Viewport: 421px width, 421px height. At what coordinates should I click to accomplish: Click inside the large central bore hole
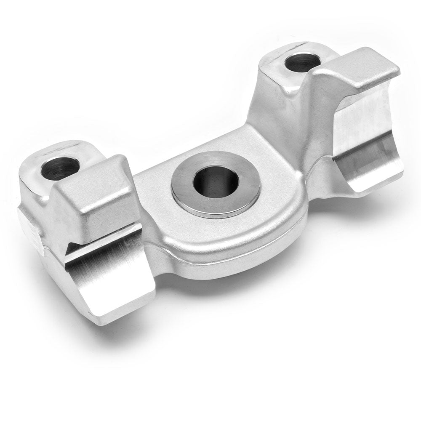click(x=216, y=183)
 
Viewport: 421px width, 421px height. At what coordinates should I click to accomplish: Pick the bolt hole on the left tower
click(x=60, y=168)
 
